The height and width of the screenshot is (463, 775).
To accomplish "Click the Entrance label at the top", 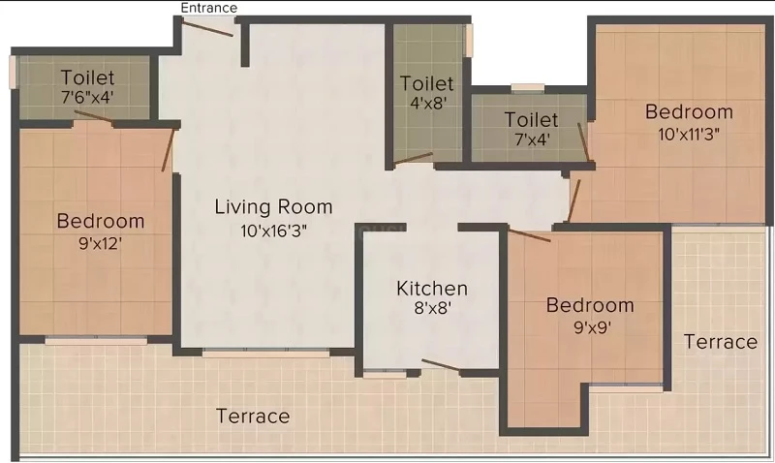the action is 208,8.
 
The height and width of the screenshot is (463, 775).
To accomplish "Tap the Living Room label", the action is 273,206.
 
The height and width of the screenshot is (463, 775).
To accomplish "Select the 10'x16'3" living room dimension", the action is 273,231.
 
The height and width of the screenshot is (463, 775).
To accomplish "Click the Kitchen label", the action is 432,288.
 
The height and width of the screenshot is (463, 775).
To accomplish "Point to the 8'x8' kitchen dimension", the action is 432,308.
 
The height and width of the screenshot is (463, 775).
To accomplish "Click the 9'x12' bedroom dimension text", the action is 101,243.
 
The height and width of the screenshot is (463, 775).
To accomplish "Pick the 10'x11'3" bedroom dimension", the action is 689,134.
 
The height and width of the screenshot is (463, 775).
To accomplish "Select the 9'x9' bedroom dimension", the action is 592,326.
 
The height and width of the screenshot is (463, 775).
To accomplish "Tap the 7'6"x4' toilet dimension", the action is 87,97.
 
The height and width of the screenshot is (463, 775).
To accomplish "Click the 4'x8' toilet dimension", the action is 428,103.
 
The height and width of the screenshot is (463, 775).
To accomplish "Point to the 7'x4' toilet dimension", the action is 532,139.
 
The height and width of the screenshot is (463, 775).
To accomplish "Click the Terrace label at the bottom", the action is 253,417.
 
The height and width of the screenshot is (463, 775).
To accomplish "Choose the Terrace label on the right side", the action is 721,342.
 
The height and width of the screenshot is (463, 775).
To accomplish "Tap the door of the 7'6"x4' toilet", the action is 93,116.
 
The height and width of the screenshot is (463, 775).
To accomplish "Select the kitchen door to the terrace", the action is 441,365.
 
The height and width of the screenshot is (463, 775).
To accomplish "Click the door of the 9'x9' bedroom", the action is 530,235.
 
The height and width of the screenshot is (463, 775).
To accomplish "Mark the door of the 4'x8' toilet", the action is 414,158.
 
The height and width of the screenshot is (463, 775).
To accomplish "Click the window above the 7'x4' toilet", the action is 528,88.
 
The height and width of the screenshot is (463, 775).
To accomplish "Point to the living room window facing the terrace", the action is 265,354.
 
